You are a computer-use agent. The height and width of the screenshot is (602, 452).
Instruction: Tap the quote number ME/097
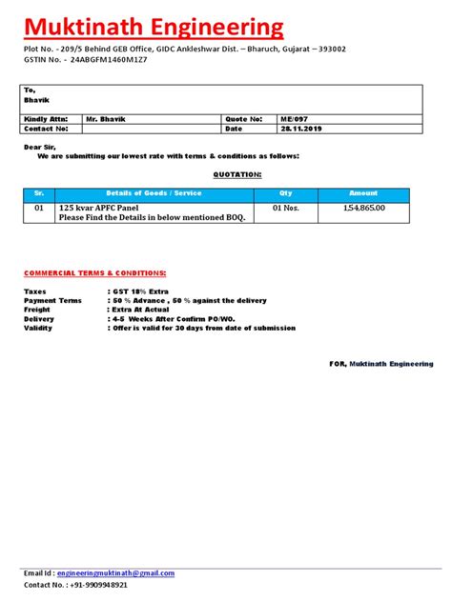click(294, 119)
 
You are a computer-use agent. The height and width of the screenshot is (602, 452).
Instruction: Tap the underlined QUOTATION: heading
click(236, 175)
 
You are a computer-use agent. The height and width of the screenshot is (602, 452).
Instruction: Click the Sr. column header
click(39, 193)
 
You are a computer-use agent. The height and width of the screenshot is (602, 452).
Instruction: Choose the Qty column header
click(286, 193)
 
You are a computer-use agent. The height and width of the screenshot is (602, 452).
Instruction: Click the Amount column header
click(363, 193)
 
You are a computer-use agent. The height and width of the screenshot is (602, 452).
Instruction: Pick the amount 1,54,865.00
click(364, 207)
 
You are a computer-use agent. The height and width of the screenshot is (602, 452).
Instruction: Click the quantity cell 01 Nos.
click(286, 207)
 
